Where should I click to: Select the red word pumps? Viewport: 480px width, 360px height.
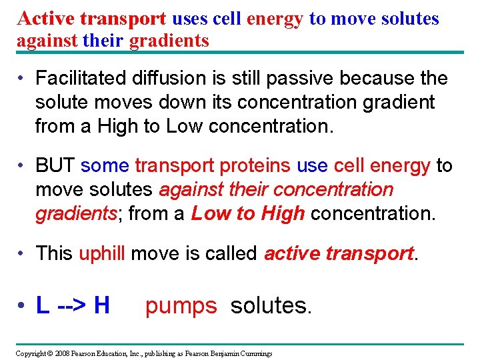[181, 306]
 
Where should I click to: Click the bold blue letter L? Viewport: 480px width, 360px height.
[42, 305]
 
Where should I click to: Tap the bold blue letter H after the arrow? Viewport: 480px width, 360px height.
[101, 305]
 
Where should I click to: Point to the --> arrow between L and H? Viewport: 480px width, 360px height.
[71, 306]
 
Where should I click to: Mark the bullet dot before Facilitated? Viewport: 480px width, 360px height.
[23, 79]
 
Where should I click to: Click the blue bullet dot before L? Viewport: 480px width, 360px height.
[23, 306]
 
